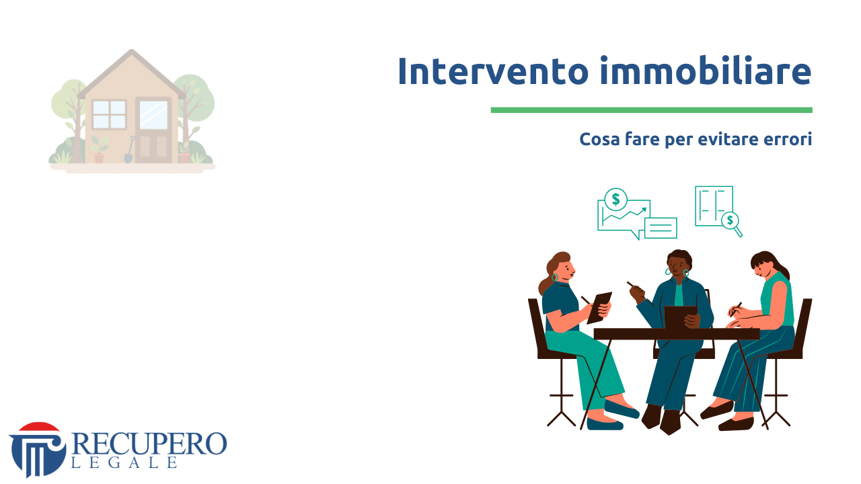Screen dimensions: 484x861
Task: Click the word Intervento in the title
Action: [493, 71]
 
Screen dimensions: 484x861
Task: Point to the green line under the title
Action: [651, 110]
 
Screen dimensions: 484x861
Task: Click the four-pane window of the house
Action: [109, 114]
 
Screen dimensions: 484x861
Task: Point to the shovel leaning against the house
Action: [129, 150]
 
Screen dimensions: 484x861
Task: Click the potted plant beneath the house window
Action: [100, 151]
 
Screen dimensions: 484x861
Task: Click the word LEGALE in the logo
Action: [124, 462]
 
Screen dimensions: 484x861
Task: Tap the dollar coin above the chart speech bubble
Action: [615, 199]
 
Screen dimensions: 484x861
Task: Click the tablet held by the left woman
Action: [599, 307]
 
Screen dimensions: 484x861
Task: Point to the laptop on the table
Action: [680, 317]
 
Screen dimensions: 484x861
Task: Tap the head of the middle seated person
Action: [679, 264]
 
